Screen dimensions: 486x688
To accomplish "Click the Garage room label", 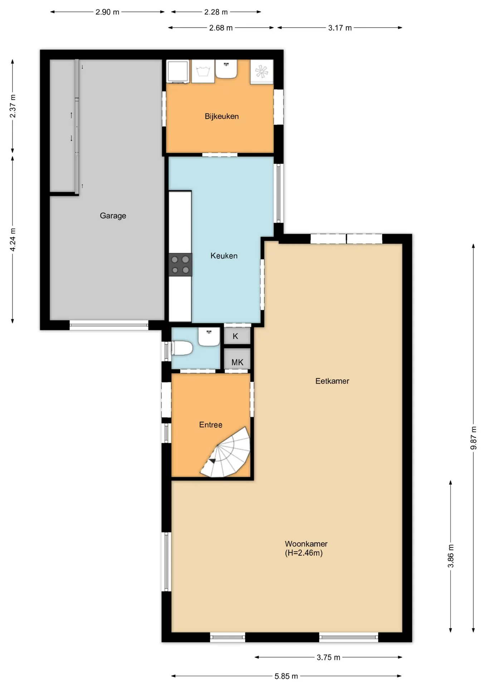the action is click(113, 216).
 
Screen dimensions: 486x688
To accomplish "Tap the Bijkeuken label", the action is click(222, 116).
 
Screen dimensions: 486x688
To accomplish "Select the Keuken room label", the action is click(224, 255).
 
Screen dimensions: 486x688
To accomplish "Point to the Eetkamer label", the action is click(332, 381).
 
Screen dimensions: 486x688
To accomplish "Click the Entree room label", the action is click(211, 425).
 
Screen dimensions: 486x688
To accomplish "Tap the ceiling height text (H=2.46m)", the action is click(304, 553).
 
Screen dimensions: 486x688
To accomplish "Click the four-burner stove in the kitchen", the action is click(180, 265).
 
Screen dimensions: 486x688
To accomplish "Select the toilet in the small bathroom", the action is click(182, 348).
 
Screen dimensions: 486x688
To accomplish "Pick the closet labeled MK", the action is click(237, 359).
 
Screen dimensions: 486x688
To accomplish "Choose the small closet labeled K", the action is click(237, 336).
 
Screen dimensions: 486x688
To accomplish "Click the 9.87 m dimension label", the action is click(473, 438).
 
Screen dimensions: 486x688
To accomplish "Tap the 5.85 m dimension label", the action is click(286, 676).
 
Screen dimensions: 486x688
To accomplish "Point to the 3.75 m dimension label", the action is click(329, 657).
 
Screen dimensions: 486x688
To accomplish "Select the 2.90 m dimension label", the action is click(107, 12).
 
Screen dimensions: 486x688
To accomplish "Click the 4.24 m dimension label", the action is click(13, 240).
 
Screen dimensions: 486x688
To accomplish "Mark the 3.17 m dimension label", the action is click(340, 28).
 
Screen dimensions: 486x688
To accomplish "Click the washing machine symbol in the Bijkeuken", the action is click(203, 71).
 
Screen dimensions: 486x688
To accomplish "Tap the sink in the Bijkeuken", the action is click(226, 69).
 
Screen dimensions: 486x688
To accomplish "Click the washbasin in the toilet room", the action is click(209, 337).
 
